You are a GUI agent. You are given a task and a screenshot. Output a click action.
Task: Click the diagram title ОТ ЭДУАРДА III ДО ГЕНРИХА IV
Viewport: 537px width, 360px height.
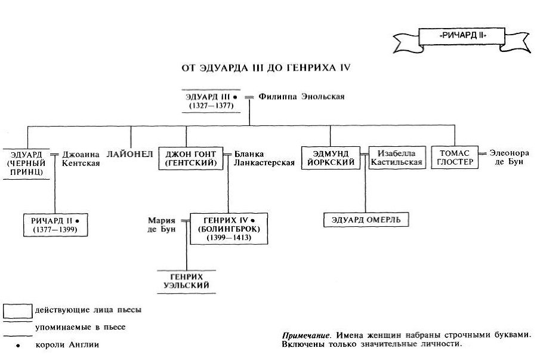click(x=266, y=68)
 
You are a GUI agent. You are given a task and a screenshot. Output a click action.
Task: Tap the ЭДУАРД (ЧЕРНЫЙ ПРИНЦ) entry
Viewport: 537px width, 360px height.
click(x=26, y=161)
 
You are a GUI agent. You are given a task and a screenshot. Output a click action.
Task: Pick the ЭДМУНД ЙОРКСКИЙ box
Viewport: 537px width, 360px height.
click(x=330, y=157)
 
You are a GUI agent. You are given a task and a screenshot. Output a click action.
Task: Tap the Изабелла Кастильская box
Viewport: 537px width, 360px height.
click(x=396, y=157)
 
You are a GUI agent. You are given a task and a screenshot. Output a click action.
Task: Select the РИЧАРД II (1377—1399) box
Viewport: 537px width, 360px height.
click(x=55, y=225)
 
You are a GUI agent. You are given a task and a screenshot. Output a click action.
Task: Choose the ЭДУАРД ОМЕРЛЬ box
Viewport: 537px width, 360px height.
click(x=366, y=220)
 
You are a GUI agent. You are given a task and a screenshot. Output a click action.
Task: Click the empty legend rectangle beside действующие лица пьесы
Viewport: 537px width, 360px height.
click(x=17, y=311)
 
